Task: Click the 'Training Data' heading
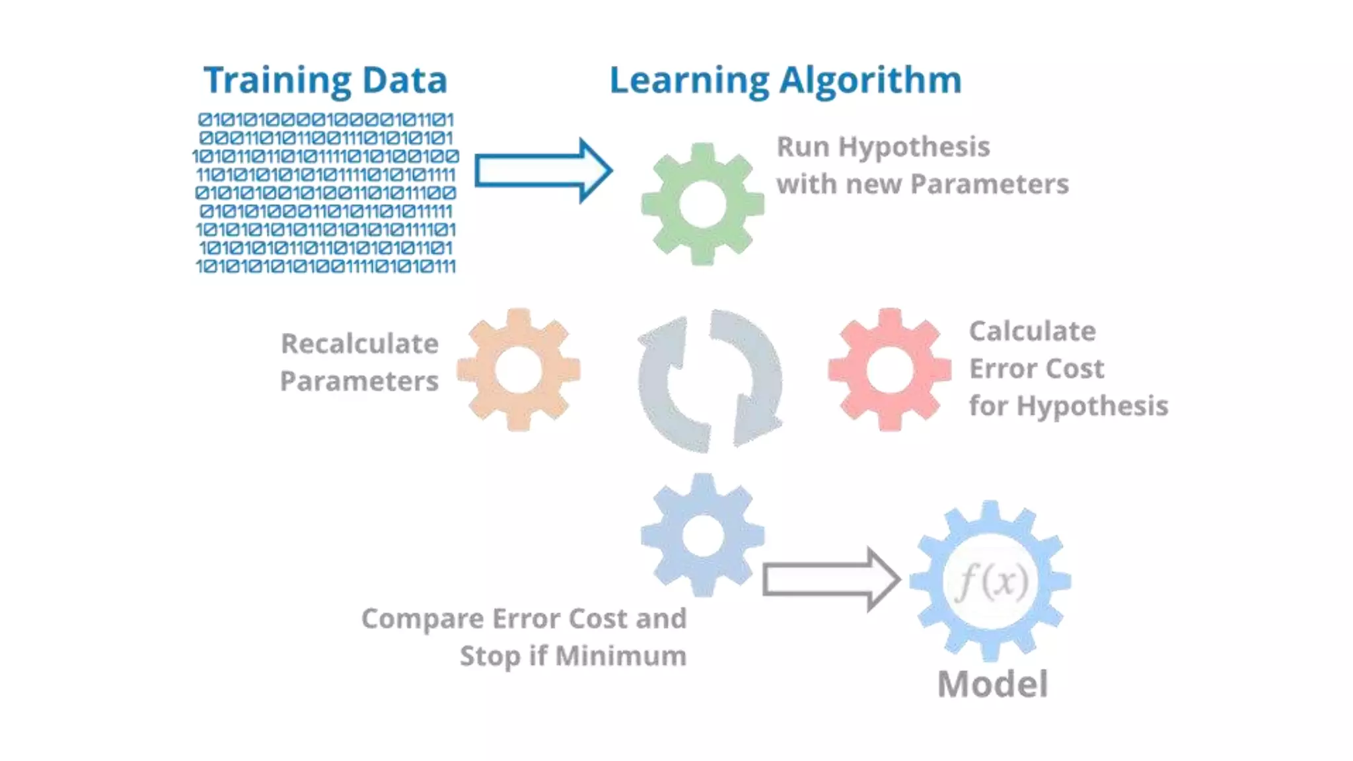point(325,81)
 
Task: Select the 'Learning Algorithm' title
point(785,81)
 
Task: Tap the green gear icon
point(702,204)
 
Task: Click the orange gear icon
point(519,370)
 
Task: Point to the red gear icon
point(890,370)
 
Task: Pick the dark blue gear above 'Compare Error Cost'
point(702,535)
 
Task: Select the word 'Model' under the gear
point(992,684)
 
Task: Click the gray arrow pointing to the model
point(830,580)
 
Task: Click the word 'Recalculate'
point(359,344)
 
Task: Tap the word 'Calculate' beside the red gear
point(1032,331)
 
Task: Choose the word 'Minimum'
point(620,656)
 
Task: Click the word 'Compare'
point(423,619)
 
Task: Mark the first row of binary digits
point(326,120)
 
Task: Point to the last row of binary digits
point(326,266)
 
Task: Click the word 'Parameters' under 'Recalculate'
point(359,381)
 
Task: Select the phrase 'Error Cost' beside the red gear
point(1036,369)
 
